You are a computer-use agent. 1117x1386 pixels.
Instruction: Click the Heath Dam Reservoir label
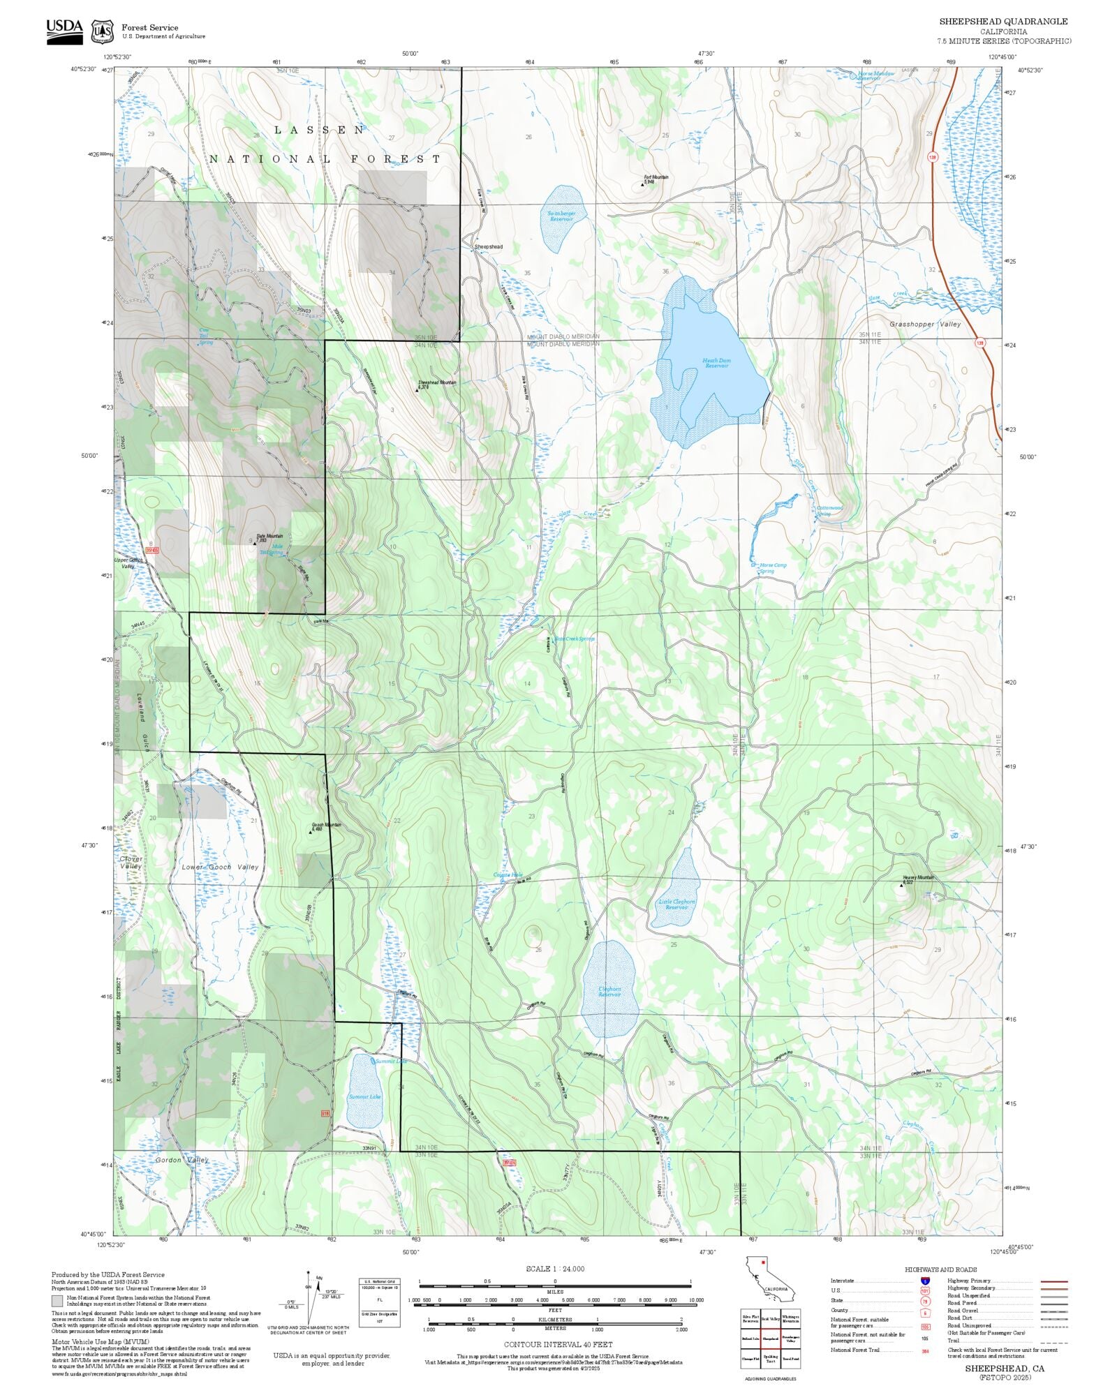(x=716, y=363)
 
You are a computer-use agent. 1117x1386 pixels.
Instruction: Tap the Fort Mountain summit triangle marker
(x=643, y=185)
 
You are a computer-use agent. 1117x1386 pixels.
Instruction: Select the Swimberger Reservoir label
(x=561, y=216)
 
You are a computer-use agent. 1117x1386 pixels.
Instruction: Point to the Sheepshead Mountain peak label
(x=438, y=383)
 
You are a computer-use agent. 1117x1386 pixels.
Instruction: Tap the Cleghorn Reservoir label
(x=609, y=991)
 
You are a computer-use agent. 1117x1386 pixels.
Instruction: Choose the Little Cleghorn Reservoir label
(x=676, y=904)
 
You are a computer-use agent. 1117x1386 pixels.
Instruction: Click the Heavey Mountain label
(x=918, y=878)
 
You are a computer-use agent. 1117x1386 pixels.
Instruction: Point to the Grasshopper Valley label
(x=924, y=325)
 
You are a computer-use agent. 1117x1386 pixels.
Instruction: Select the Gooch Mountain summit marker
(x=311, y=832)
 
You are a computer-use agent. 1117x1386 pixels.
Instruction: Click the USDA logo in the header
(x=64, y=31)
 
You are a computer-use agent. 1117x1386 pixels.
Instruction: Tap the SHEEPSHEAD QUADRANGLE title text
(x=1003, y=22)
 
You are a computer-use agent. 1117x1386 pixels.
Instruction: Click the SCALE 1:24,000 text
(x=555, y=1269)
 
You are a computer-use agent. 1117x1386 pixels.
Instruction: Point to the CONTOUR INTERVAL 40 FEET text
(x=558, y=1344)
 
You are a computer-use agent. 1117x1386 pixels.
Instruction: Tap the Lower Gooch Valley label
(x=220, y=867)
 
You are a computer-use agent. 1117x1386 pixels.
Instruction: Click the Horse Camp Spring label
(x=772, y=568)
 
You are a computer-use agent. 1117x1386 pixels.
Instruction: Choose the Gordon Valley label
(x=182, y=1160)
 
